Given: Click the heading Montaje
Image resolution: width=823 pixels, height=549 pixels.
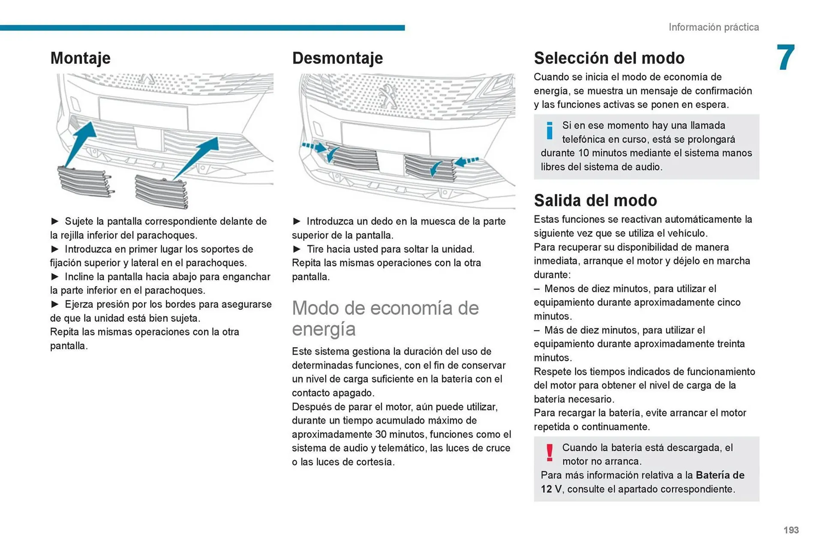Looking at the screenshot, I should [x=80, y=58].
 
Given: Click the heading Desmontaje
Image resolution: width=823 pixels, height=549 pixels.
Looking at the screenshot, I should [x=337, y=58].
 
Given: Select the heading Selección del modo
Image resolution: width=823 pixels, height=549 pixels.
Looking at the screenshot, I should [x=609, y=58].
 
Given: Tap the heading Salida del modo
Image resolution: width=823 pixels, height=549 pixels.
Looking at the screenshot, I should [x=595, y=201].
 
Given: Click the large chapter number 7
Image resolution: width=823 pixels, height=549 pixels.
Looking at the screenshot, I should [x=785, y=58].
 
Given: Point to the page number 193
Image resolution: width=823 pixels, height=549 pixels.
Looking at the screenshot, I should [x=791, y=530].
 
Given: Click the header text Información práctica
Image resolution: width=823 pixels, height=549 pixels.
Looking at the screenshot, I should [x=713, y=27].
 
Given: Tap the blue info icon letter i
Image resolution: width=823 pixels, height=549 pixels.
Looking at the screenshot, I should [x=549, y=131].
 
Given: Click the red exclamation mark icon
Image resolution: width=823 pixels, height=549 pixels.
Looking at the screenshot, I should [x=549, y=453].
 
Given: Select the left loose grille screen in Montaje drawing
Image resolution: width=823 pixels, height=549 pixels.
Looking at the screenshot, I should [x=85, y=182].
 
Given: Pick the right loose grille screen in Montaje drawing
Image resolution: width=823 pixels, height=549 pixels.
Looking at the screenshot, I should [x=161, y=191].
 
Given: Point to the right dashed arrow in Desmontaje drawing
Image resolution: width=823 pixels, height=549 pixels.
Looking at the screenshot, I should [x=467, y=162].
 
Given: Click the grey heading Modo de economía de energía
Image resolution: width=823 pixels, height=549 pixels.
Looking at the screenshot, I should [x=384, y=318].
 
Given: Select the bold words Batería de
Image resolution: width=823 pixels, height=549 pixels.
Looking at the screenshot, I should [x=720, y=475].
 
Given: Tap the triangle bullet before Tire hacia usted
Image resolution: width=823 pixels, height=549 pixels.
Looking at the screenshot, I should [x=297, y=249].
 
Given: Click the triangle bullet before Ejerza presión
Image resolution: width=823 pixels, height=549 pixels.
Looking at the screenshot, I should [x=55, y=304].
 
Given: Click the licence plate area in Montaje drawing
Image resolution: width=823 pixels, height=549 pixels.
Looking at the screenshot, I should [x=143, y=113].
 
